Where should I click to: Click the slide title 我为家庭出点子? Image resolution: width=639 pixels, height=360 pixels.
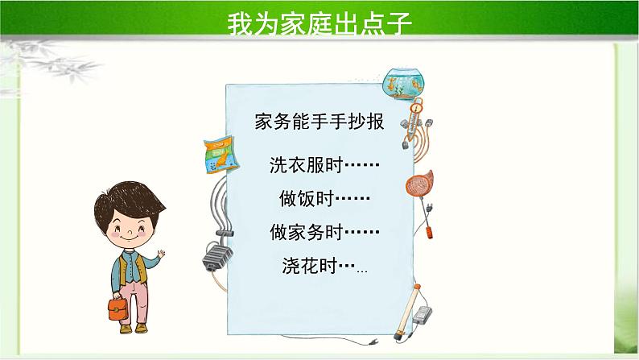(319, 22)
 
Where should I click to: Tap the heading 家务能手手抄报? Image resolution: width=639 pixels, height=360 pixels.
(319, 122)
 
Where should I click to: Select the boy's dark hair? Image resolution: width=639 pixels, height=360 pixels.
(127, 197)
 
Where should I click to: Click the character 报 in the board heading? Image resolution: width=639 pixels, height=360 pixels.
(375, 122)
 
